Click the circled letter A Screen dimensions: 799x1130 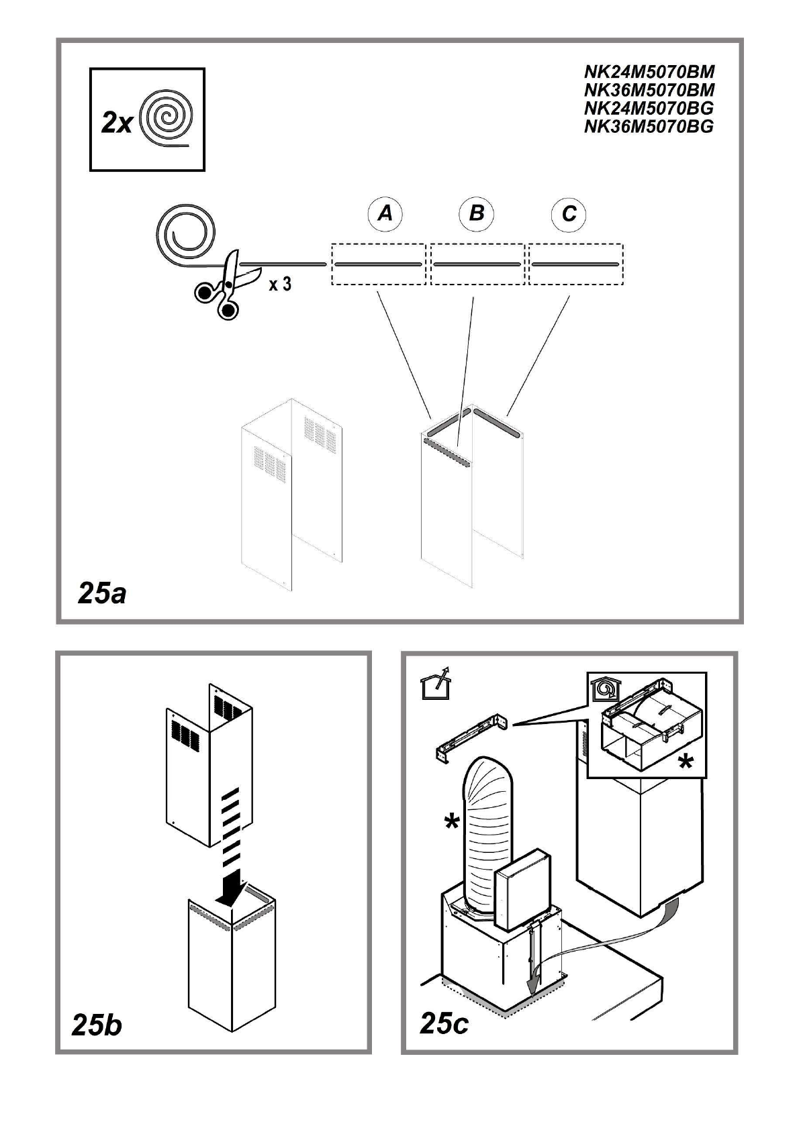point(385,214)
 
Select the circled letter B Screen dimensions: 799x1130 point(476,214)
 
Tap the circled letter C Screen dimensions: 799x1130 point(568,214)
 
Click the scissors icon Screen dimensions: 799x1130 point(227,285)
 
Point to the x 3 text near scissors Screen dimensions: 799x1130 point(280,285)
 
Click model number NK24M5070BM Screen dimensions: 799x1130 point(649,72)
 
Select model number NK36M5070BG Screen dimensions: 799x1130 point(649,126)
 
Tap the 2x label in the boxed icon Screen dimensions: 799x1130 point(117,123)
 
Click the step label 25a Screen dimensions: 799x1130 point(102,594)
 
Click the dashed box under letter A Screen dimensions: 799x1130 point(378,264)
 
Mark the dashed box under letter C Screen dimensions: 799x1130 point(576,264)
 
